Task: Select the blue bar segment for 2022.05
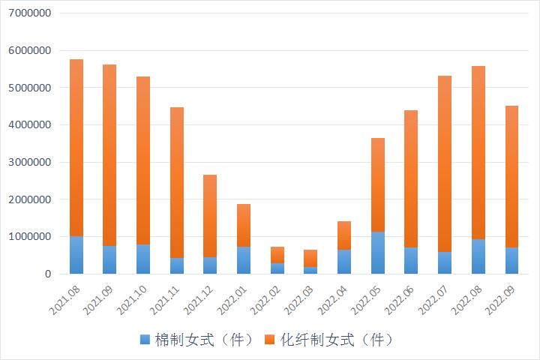tap(378, 253)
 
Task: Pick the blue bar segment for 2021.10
tap(143, 259)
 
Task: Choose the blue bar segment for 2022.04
tap(344, 262)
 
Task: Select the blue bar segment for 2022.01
tap(244, 260)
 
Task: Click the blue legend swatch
tap(145, 340)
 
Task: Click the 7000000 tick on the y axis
tap(27, 13)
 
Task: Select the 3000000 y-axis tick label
tap(27, 162)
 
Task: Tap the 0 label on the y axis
tap(46, 274)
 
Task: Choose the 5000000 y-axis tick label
tap(27, 88)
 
